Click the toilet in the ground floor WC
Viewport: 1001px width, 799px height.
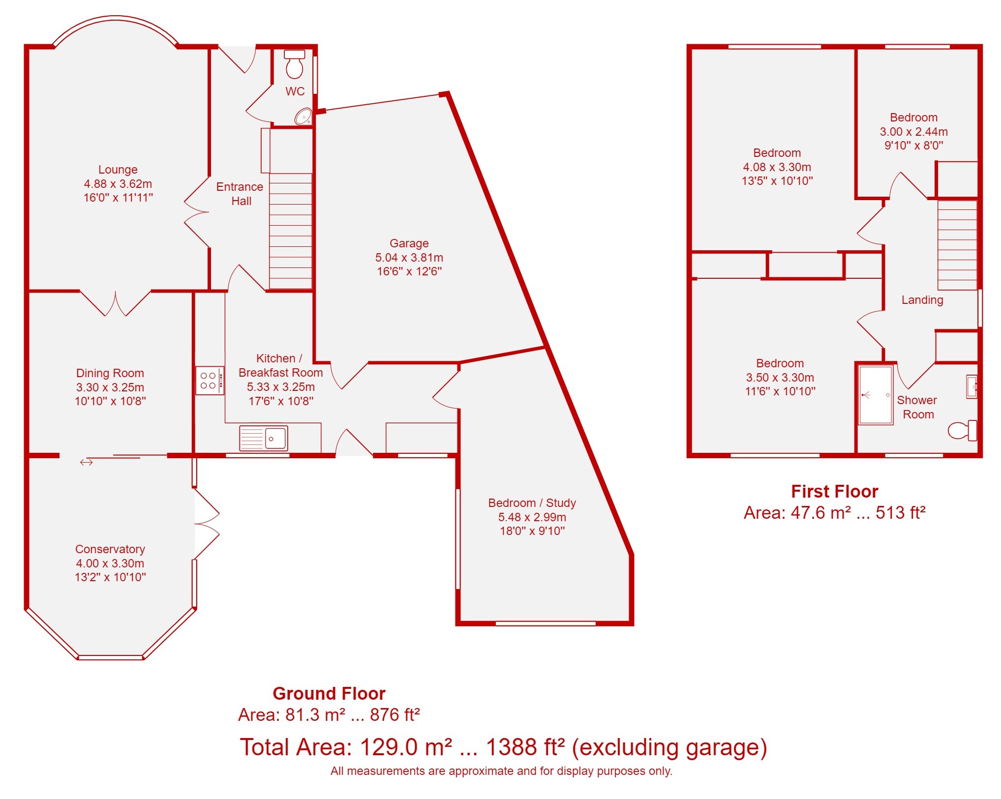[x=295, y=64]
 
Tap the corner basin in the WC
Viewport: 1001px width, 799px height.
[x=304, y=117]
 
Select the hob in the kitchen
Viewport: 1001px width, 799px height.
[x=210, y=381]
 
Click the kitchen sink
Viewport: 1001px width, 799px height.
[x=264, y=438]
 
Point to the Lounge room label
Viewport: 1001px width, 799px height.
[x=118, y=170]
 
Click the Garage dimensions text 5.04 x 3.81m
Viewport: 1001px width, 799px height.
[x=409, y=257]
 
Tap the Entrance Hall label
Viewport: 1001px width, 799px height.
[x=240, y=194]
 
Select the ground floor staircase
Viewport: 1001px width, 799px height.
[x=291, y=231]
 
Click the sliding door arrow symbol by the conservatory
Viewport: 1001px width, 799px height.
[x=87, y=462]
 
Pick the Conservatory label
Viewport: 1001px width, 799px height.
[x=110, y=549]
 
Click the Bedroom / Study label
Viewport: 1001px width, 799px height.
[x=532, y=503]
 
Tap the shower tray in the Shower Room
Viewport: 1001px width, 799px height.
[x=876, y=395]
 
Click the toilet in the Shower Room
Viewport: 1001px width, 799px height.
[x=963, y=430]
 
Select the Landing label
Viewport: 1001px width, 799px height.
[x=922, y=300]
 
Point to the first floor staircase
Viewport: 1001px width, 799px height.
[x=957, y=245]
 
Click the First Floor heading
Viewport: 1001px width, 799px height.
[x=835, y=491]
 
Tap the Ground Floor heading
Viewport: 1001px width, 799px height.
[x=329, y=693]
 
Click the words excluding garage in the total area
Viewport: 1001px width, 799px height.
[x=670, y=747]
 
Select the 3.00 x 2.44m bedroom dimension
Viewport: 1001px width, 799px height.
[x=914, y=131]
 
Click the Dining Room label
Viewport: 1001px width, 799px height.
[x=110, y=373]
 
